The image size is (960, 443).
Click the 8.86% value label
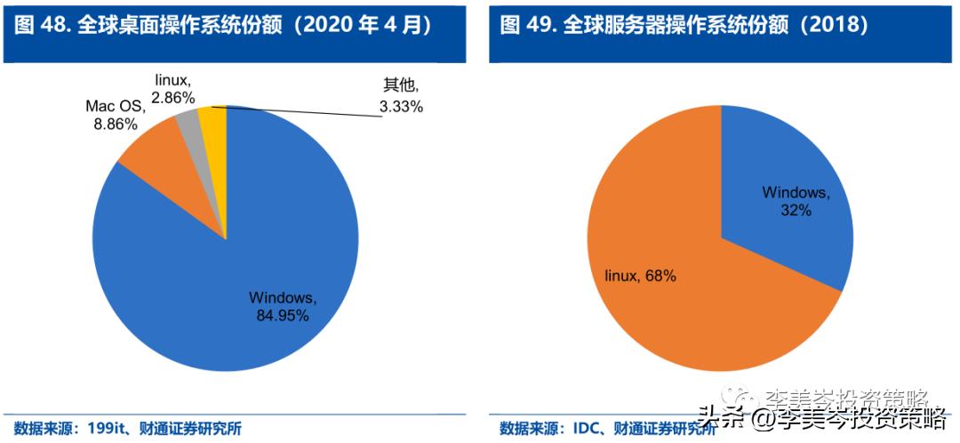[x=116, y=125]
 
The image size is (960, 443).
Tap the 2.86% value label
[x=174, y=96]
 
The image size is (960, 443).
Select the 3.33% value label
[x=401, y=107]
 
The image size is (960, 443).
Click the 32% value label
[x=796, y=210]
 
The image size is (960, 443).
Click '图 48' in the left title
[x=41, y=25]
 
